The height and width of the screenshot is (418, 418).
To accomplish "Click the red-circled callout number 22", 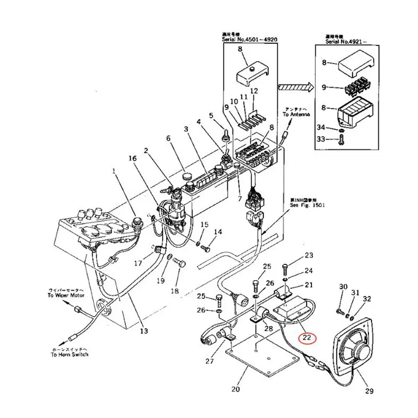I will click(x=307, y=338).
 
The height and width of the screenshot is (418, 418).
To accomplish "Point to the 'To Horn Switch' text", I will click(x=69, y=354).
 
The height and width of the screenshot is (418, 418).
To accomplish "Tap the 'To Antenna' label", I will click(x=297, y=113).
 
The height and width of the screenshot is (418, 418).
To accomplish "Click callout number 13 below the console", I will click(x=144, y=331).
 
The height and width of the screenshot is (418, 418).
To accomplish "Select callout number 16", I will click(x=133, y=158).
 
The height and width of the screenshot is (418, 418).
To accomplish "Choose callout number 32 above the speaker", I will click(x=367, y=299).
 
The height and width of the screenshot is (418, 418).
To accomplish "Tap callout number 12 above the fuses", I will click(x=254, y=91).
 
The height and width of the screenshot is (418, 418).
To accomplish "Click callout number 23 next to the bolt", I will click(x=309, y=256).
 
